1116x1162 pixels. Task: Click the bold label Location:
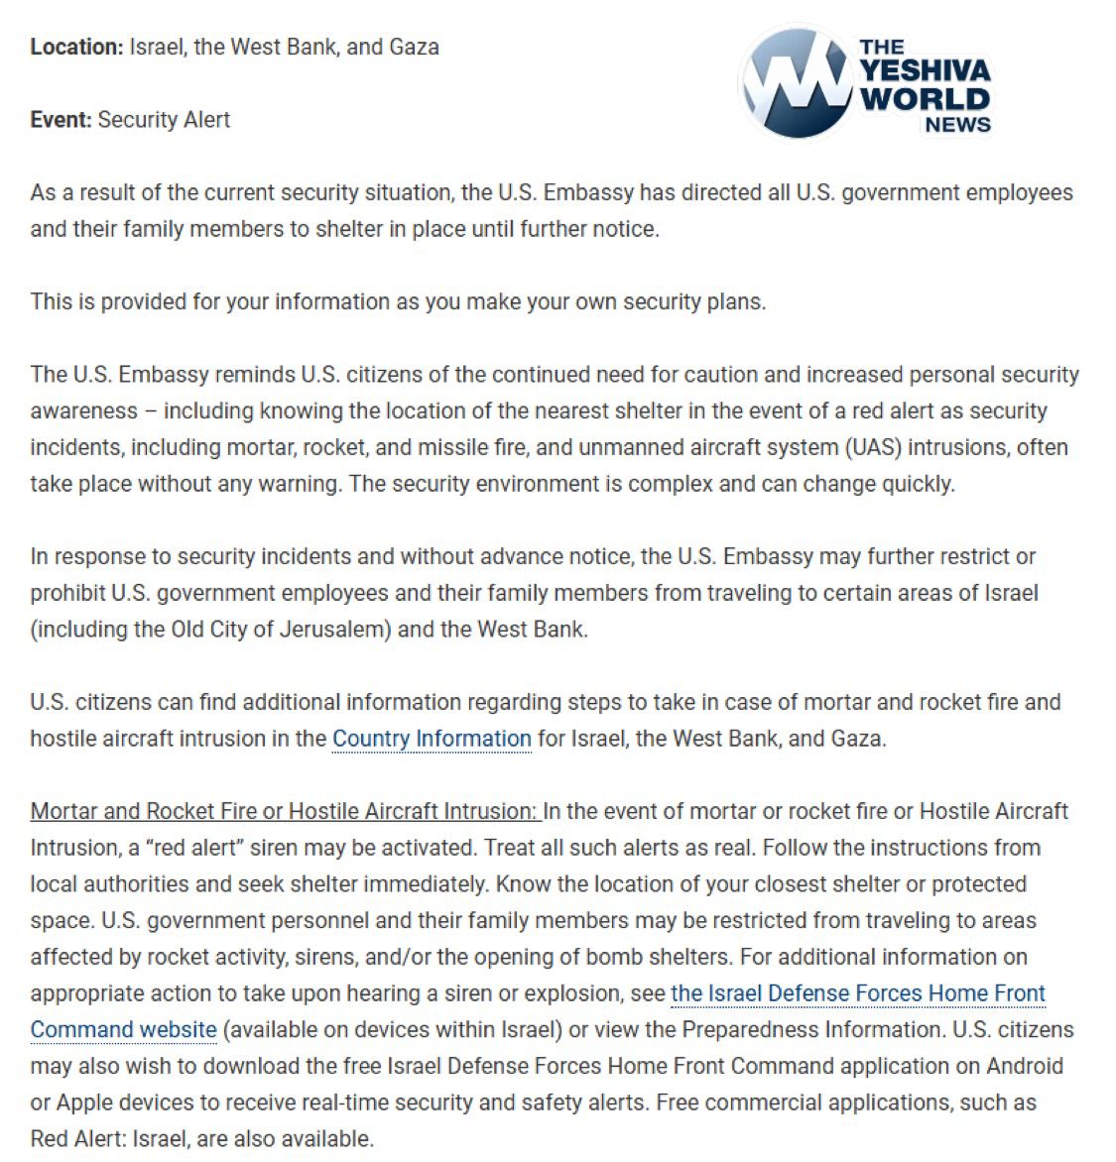click(x=76, y=47)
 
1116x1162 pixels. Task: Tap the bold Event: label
click(x=61, y=120)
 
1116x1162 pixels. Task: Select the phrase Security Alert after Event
click(x=164, y=120)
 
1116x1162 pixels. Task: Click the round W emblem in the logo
click(x=796, y=83)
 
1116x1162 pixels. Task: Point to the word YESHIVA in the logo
click(x=925, y=71)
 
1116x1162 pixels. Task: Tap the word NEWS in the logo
click(x=957, y=125)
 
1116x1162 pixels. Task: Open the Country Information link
click(x=432, y=739)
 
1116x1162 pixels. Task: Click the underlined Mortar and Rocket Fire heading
click(x=284, y=811)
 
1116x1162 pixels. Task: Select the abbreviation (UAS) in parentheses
click(x=873, y=447)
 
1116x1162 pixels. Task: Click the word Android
click(x=1024, y=1066)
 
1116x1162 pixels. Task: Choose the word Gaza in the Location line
click(x=415, y=47)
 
